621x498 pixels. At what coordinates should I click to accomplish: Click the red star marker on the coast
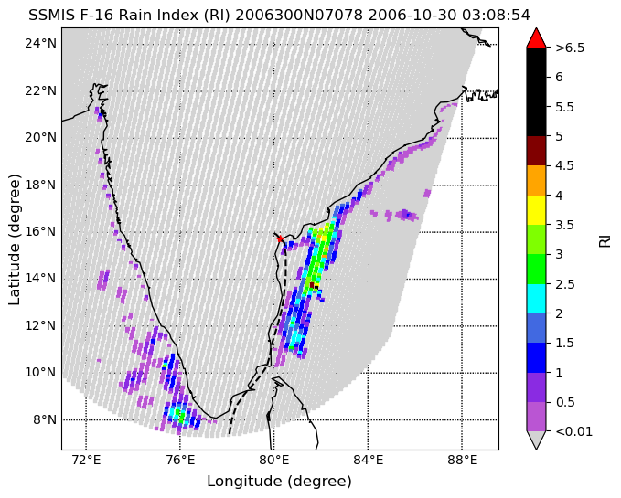pyautogui.click(x=280, y=238)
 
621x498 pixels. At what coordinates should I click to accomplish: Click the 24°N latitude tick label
pyautogui.click(x=41, y=43)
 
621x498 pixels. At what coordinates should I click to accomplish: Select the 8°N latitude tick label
pyautogui.click(x=45, y=419)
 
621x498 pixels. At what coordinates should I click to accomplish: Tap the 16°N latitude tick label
pyautogui.click(x=41, y=231)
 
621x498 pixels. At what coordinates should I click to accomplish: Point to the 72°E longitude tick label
pyautogui.click(x=86, y=460)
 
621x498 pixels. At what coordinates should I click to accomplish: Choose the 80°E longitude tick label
pyautogui.click(x=273, y=460)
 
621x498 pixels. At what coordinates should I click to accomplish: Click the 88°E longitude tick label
pyautogui.click(x=462, y=460)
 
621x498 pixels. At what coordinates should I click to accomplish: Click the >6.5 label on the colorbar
pyautogui.click(x=570, y=48)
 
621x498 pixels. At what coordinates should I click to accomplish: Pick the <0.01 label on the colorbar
pyautogui.click(x=573, y=431)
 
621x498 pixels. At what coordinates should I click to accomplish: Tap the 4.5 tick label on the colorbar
pyautogui.click(x=564, y=165)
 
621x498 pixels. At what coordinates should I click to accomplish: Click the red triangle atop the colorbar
pyautogui.click(x=536, y=37)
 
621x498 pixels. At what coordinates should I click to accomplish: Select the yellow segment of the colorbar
pyautogui.click(x=536, y=210)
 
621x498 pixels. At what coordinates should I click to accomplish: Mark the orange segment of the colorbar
pyautogui.click(x=536, y=180)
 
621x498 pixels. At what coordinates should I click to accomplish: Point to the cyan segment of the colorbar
pyautogui.click(x=536, y=299)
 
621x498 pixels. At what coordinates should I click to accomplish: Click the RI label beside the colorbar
pyautogui.click(x=605, y=240)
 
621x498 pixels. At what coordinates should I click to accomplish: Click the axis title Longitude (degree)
pyautogui.click(x=279, y=482)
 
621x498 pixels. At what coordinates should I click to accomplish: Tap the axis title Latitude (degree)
pyautogui.click(x=14, y=239)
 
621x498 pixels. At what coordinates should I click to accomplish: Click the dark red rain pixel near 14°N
pyautogui.click(x=312, y=285)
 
